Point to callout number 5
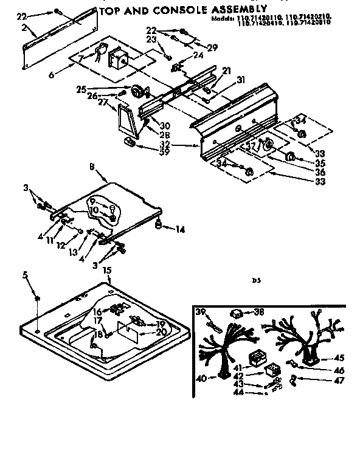25,275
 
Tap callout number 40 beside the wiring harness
201,378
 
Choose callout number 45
339,358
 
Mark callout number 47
339,381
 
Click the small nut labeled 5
37,299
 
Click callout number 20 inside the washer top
161,332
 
